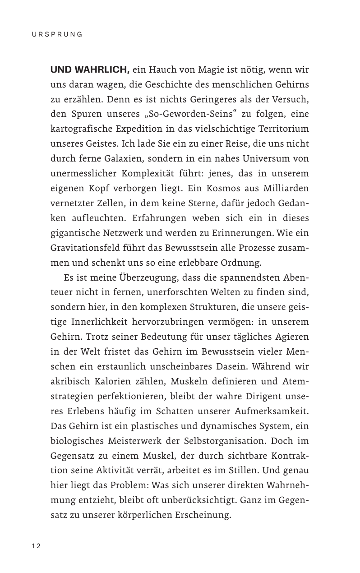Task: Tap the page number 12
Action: [x=36, y=546]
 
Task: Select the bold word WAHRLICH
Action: [x=103, y=70]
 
